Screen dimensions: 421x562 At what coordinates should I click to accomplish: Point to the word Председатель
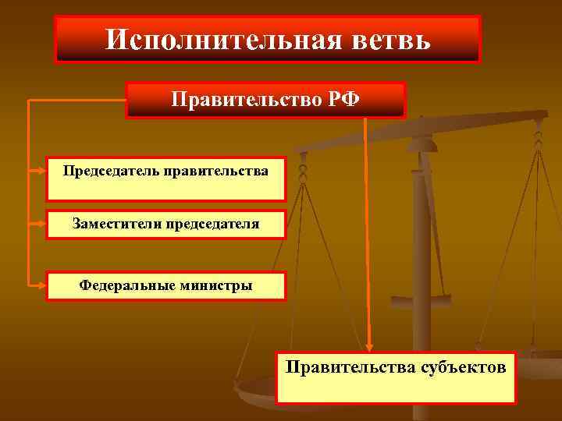point(112,170)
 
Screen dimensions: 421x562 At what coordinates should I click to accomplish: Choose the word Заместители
point(119,224)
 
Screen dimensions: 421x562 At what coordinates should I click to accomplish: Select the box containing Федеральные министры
point(166,285)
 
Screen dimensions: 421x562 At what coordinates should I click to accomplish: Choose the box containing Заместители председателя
point(166,225)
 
